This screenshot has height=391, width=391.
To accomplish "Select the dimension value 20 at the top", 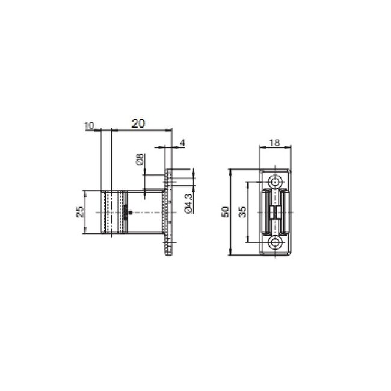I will click(x=138, y=123).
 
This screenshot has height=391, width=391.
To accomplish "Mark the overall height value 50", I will click(x=225, y=212).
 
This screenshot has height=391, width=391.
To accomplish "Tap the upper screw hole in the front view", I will click(x=277, y=181).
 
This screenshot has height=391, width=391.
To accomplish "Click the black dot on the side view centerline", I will click(x=130, y=212).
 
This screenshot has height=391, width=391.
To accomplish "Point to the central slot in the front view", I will click(x=277, y=212).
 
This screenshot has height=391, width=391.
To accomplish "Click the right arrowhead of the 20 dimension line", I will click(x=170, y=129).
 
